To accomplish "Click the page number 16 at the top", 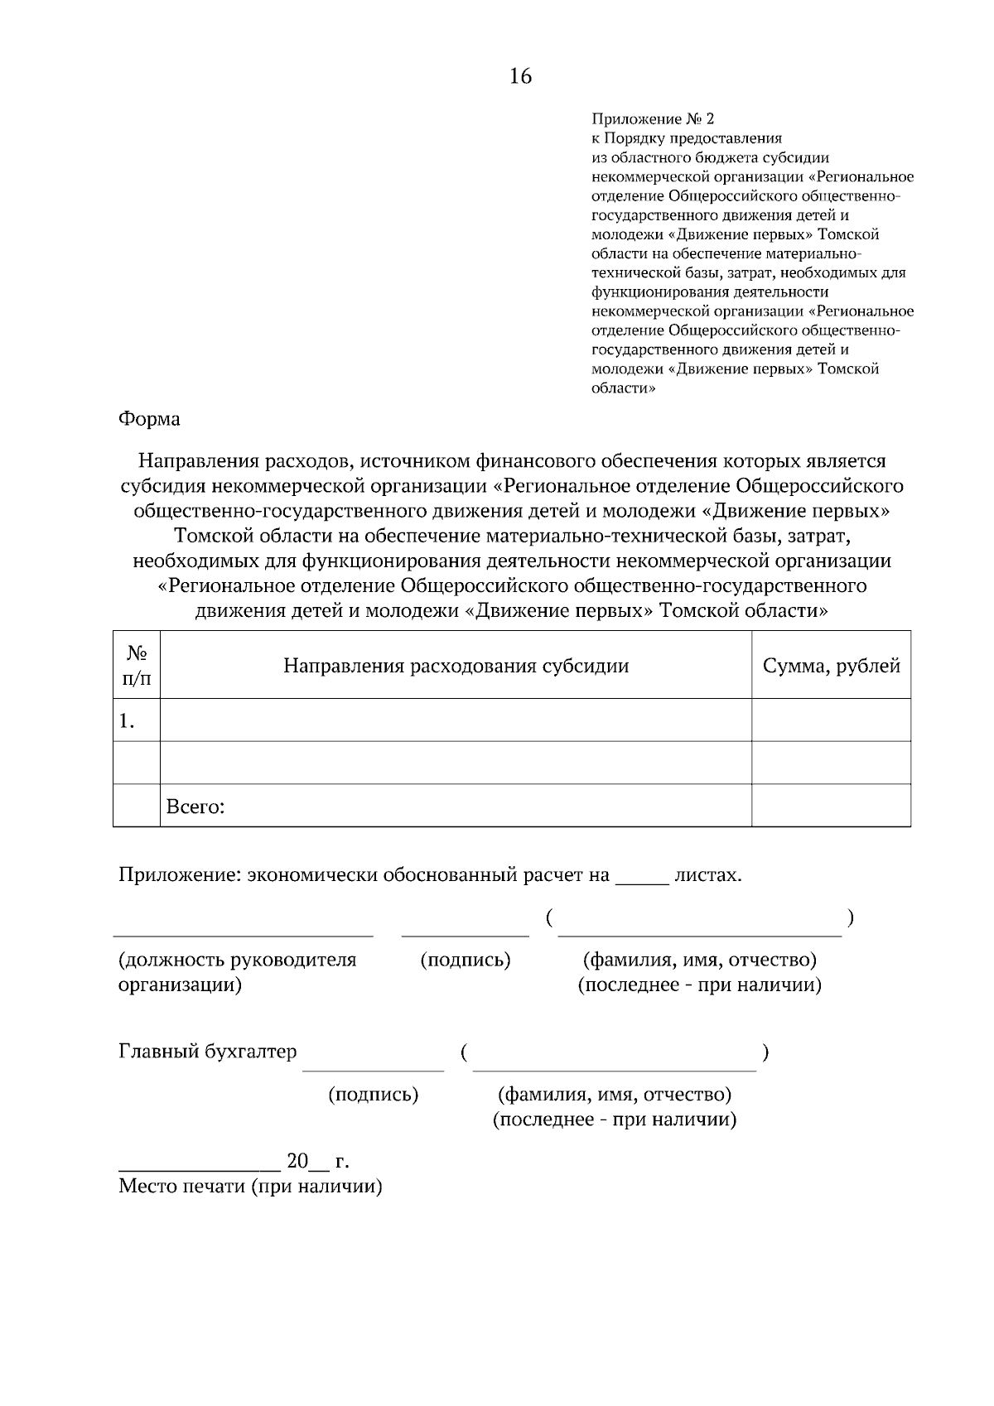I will (520, 77).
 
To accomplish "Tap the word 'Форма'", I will (149, 419).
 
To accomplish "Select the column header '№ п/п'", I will (137, 665).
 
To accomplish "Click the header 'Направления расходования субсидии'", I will (456, 666).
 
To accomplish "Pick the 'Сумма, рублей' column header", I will (831, 666).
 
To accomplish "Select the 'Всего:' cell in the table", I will (195, 807).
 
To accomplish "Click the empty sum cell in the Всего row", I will (831, 806).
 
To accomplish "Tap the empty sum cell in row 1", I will (831, 720).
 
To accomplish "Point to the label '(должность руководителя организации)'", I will (237, 972).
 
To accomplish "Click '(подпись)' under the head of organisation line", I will (465, 960).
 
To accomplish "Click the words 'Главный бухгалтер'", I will (207, 1052).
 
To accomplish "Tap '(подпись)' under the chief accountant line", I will (374, 1095).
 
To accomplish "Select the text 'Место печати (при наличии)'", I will (250, 1186).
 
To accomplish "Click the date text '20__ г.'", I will (317, 1161).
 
